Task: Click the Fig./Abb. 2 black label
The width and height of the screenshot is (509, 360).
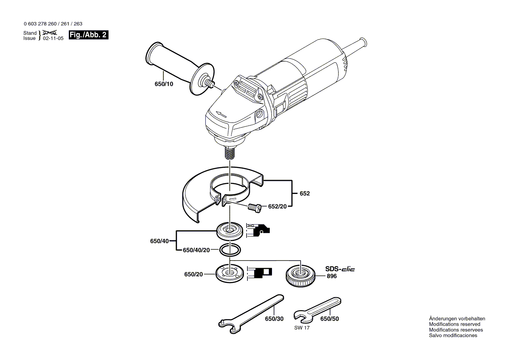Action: [88, 35]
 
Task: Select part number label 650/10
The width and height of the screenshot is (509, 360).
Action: [163, 84]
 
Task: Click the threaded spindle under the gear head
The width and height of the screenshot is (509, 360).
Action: [229, 153]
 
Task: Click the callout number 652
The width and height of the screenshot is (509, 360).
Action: [305, 193]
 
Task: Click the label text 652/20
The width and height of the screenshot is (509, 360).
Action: [277, 207]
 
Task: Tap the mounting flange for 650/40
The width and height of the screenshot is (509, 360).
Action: [229, 231]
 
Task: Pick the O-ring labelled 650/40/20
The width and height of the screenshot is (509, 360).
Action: [229, 250]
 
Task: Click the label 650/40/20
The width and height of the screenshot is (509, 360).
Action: [196, 250]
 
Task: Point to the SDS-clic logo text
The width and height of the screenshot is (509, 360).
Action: [340, 269]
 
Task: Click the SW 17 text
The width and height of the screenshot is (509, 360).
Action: [302, 328]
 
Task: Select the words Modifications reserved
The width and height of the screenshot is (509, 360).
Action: [455, 324]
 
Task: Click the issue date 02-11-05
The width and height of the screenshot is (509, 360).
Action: [53, 38]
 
